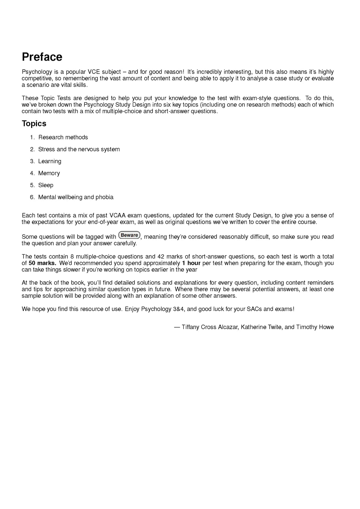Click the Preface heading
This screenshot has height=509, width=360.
[42, 57]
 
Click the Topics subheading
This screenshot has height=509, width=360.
[34, 124]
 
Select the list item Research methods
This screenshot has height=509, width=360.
[63, 137]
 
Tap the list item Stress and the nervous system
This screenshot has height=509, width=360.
[79, 149]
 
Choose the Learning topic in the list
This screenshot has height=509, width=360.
[50, 161]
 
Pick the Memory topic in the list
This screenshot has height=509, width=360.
[49, 173]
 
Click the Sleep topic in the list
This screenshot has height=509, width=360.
[46, 185]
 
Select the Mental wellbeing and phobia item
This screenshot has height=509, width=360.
[76, 197]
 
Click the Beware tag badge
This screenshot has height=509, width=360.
[129, 235]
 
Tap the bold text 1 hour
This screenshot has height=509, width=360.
[191, 263]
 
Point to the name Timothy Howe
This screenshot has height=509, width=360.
[315, 327]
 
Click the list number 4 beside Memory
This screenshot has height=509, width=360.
[32, 173]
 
